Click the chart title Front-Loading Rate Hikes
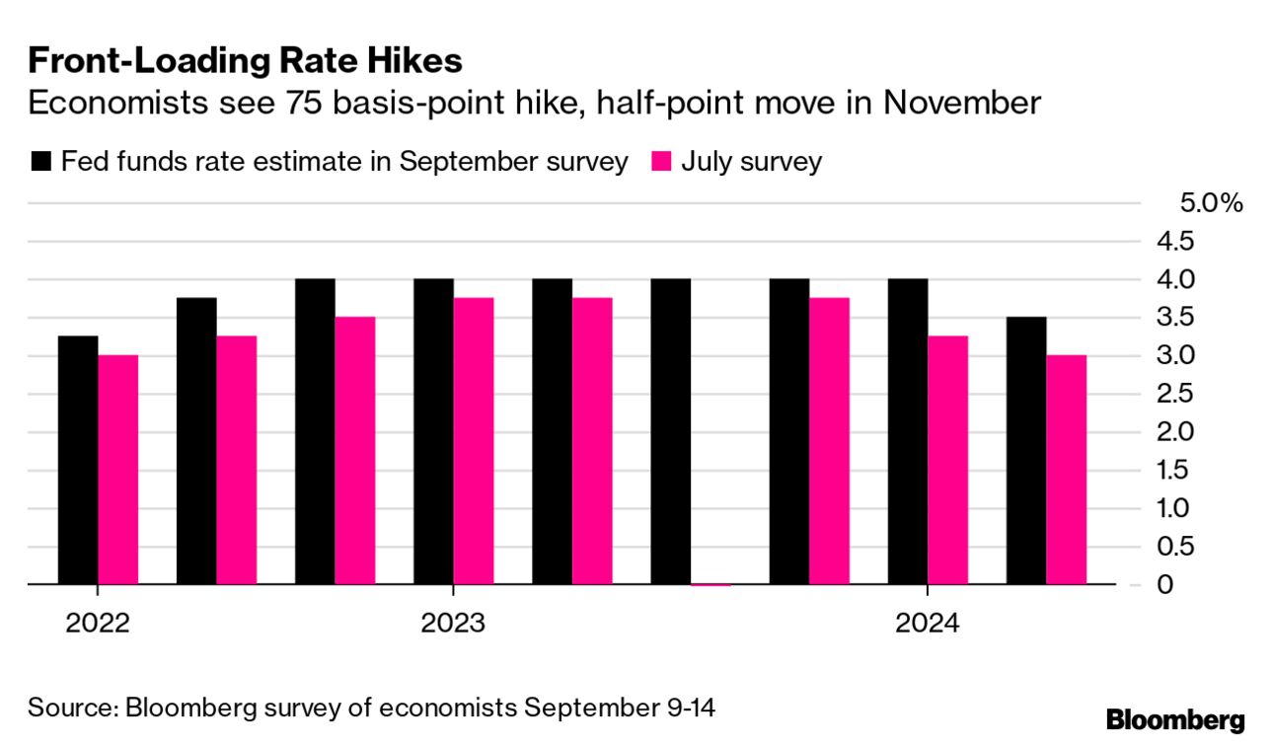click(x=245, y=61)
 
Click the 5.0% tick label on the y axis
click(x=1211, y=203)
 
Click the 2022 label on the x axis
click(x=98, y=624)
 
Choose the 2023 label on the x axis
click(x=453, y=624)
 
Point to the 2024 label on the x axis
click(x=927, y=624)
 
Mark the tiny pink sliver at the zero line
click(x=711, y=584)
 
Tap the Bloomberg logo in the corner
click(x=1174, y=719)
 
